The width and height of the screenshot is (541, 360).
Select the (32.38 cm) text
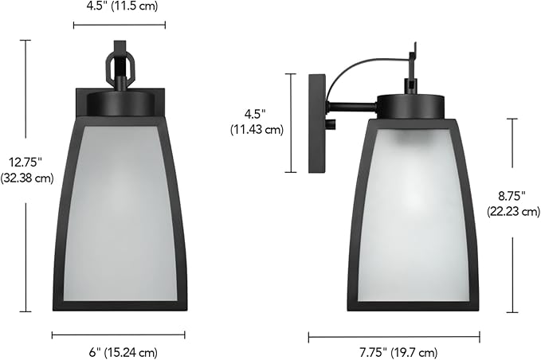(27, 178)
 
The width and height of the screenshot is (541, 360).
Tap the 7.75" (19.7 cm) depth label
(394, 352)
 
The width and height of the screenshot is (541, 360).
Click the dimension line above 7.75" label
(394, 337)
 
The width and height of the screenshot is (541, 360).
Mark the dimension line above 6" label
(119, 335)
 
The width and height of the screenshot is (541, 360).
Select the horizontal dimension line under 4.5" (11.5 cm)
(119, 25)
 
